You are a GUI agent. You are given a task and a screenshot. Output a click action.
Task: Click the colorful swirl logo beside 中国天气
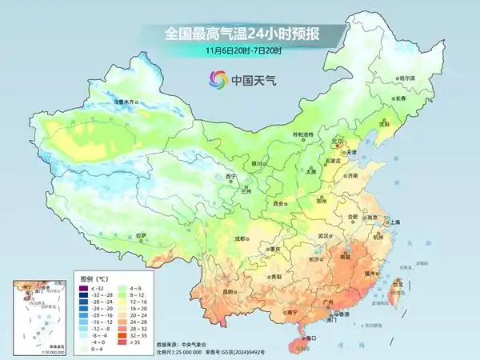pyautogui.click(x=218, y=79)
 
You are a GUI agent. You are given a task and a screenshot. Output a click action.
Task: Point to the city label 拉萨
pyautogui.click(x=141, y=236)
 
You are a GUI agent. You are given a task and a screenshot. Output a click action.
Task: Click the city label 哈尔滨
pyautogui.click(x=407, y=78)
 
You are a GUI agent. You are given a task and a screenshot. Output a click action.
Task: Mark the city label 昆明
pyautogui.click(x=230, y=291)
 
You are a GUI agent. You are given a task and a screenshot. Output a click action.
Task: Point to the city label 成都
pyautogui.click(x=240, y=238)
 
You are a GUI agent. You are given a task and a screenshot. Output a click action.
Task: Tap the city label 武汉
pyautogui.click(x=323, y=236)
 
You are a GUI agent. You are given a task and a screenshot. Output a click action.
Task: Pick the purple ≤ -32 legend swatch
pyautogui.click(x=86, y=286)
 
